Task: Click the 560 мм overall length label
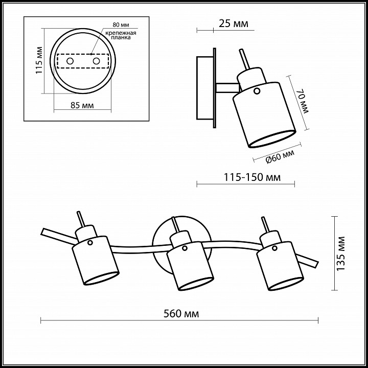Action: tap(181, 313)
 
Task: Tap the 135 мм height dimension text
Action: tap(341, 254)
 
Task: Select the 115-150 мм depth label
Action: tap(252, 177)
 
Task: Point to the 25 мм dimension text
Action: tap(234, 24)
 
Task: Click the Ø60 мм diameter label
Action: tap(280, 156)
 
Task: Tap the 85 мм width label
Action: tap(82, 105)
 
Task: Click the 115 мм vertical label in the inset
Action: tap(39, 60)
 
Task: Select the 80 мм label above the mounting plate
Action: tap(121, 25)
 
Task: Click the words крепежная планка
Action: tap(121, 35)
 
